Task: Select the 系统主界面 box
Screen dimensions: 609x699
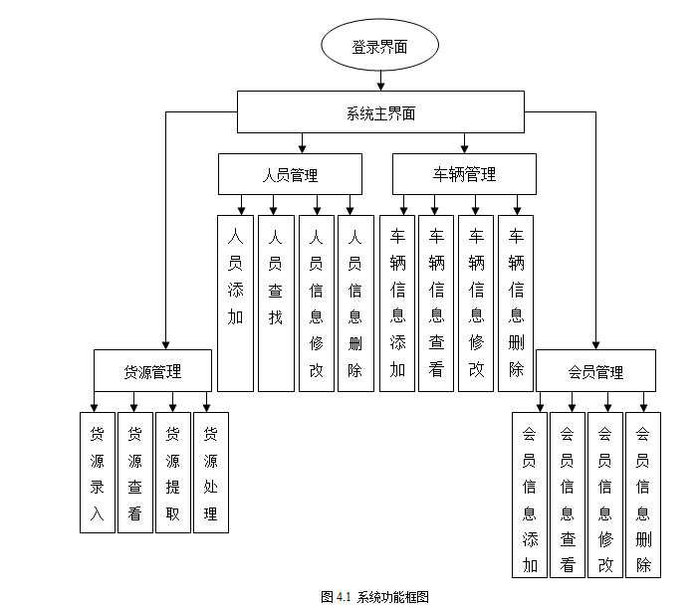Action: pos(380,112)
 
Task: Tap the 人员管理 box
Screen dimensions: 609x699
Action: pos(289,174)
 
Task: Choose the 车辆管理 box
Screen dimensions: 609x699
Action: pos(464,174)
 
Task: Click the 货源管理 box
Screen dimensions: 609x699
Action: pos(152,371)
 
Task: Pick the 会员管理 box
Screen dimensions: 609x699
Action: pos(595,371)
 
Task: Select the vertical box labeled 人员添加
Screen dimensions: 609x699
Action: pos(235,303)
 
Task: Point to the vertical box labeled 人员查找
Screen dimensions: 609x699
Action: pos(276,303)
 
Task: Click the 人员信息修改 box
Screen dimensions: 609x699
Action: pos(316,303)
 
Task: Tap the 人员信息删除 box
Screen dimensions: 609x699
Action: pos(355,303)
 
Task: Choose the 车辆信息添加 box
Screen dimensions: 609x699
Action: pos(397,303)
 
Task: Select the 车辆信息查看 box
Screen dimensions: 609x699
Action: pos(436,303)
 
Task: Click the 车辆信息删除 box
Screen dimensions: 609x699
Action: pos(516,303)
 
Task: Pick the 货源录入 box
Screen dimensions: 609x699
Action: pos(97,473)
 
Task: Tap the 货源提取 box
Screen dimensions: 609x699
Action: pos(172,473)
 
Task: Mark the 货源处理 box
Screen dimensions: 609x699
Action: pos(210,473)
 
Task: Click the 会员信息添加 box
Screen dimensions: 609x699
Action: pos(529,495)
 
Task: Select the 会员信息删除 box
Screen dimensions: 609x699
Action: pos(643,495)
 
